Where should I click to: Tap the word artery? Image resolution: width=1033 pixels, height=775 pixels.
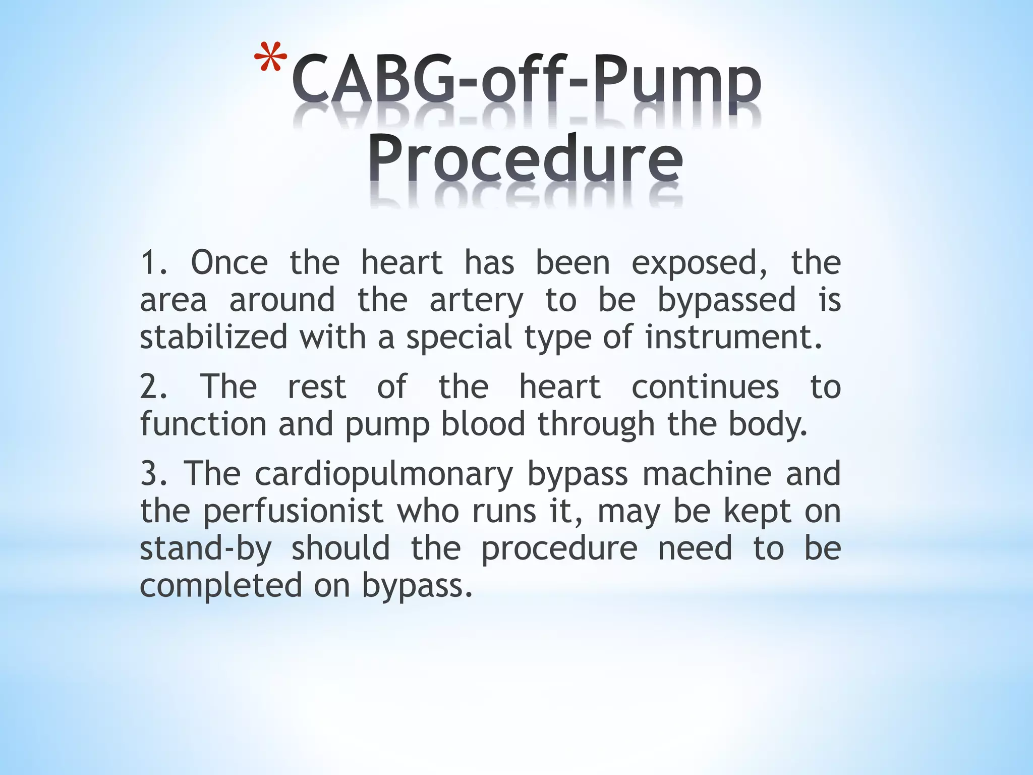point(476,301)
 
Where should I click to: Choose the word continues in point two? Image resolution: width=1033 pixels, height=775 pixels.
point(705,387)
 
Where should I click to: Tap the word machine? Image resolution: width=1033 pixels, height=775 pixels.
point(707,474)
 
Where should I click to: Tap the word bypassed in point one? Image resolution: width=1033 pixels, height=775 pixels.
point(726,301)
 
